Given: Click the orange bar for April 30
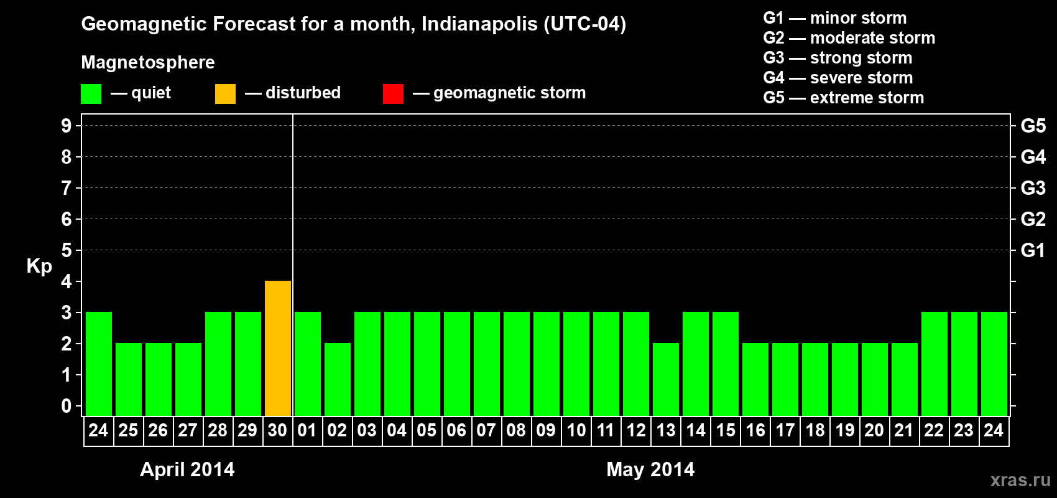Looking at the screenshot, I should (278, 348).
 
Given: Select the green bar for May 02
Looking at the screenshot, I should (338, 379).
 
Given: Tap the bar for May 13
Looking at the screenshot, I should (666, 379).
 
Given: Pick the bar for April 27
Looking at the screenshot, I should (188, 379).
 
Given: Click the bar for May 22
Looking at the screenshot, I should (935, 364).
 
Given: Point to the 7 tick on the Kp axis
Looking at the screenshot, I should (67, 188).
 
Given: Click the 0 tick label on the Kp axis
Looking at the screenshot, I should (67, 406).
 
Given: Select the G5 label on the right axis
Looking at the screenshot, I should (1033, 126).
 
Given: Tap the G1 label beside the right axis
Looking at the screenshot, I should (1033, 250).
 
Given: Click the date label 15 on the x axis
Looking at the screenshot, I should (726, 430).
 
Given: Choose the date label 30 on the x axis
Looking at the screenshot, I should (277, 430).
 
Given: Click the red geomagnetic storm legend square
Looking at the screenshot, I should (393, 94).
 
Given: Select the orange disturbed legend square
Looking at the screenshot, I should (225, 94).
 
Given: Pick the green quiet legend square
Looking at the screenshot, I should (91, 94).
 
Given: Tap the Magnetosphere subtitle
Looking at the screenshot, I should (148, 62).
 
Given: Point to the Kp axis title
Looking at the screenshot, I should (39, 266).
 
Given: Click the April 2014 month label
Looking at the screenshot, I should (187, 469).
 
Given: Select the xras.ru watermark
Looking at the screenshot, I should (1020, 480).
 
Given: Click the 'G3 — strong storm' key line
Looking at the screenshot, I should (838, 58).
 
